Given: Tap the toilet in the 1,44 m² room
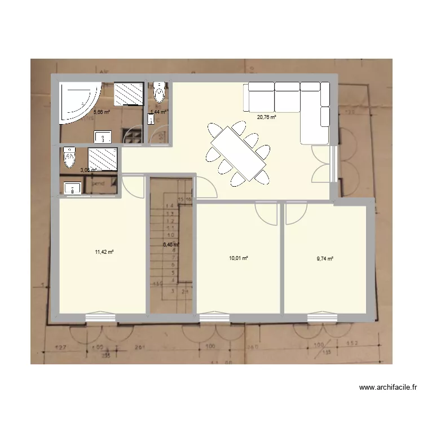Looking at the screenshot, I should point(159,93).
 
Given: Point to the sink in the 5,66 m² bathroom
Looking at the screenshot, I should point(103,136).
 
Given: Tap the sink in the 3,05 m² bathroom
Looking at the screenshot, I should point(72,188).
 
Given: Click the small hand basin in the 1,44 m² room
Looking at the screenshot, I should point(151,120).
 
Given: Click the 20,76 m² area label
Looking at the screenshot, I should point(266,117).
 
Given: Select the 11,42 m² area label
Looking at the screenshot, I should point(105,252).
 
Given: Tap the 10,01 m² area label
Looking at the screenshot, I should point(239,258).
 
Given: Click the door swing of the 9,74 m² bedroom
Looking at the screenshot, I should point(294,213).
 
